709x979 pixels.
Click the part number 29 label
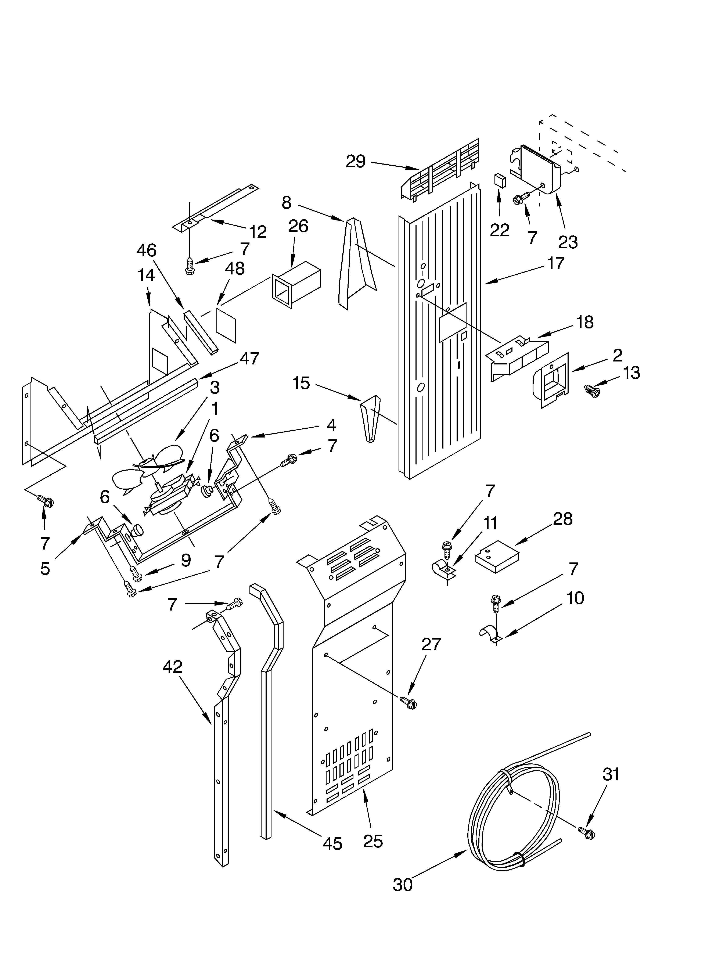click(x=356, y=161)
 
